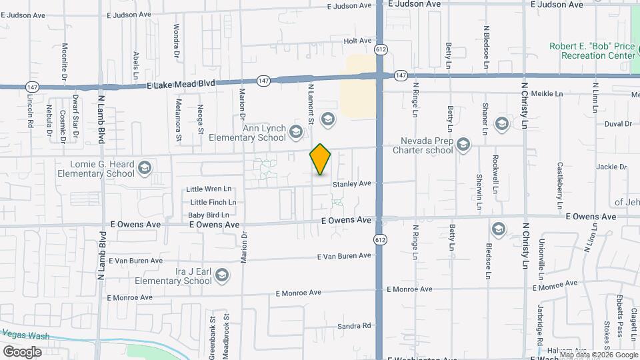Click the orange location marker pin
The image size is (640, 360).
320,159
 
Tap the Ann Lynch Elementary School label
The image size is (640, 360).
247,133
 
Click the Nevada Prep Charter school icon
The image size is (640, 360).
463,143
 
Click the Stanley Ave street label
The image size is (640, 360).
351,183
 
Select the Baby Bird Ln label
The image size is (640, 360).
208,215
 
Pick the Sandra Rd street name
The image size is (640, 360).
353,326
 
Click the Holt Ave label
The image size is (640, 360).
357,41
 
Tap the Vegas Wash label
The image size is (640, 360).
25,334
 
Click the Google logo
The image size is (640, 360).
22,351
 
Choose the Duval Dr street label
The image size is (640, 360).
618,124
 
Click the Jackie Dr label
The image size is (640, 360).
612,167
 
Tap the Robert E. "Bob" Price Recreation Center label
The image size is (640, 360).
592,51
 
